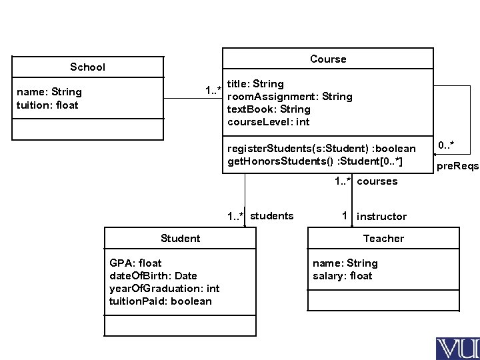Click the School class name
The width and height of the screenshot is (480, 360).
pyautogui.click(x=88, y=67)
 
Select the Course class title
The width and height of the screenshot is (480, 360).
pyautogui.click(x=328, y=59)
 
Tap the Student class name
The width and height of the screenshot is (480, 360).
pyautogui.click(x=180, y=238)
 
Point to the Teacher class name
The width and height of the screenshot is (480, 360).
pyautogui.click(x=383, y=238)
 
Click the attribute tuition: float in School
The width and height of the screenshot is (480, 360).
pyautogui.click(x=47, y=105)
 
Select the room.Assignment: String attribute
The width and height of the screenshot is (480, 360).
pyautogui.click(x=290, y=97)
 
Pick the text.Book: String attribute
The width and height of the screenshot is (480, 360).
pyautogui.click(x=269, y=109)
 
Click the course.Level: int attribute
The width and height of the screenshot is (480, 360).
pyautogui.click(x=268, y=122)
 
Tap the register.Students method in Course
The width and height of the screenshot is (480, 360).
pyautogui.click(x=321, y=148)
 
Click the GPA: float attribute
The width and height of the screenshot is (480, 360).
pyautogui.click(x=135, y=263)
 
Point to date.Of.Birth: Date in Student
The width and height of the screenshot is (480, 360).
pyautogui.click(x=153, y=276)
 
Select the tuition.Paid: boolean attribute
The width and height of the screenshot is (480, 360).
pyautogui.click(x=160, y=301)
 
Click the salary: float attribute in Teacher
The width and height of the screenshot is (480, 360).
pyautogui.click(x=343, y=276)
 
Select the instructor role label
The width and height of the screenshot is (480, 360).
pyautogui.click(x=381, y=216)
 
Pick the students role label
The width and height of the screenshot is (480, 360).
pyautogui.click(x=271, y=215)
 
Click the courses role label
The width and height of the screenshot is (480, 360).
pyautogui.click(x=377, y=181)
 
